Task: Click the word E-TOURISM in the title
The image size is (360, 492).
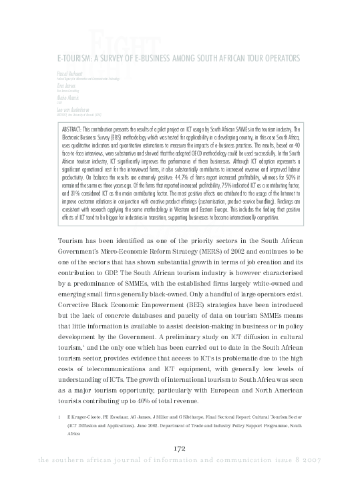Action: point(75,58)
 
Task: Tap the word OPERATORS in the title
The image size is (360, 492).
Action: point(275,58)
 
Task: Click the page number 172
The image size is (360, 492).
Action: point(179,466)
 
